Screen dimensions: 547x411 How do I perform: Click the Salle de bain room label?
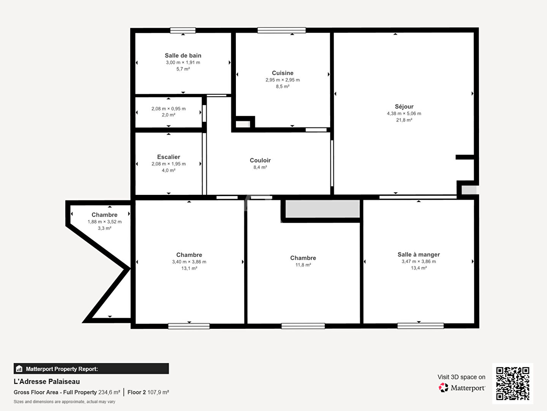coord(183,56)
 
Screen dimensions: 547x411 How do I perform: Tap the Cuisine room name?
coord(283,73)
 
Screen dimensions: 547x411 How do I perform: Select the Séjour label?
coord(404,107)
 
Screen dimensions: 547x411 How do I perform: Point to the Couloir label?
coord(260,160)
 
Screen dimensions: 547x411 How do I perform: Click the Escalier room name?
coord(168,157)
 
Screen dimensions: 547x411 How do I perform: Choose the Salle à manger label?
coord(419,254)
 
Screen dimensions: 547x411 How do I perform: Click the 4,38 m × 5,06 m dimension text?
coord(404,113)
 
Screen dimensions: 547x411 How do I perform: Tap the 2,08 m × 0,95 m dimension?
coord(168,108)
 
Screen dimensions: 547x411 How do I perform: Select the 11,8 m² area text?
coord(303,265)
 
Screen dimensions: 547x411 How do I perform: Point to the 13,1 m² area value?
coord(189,268)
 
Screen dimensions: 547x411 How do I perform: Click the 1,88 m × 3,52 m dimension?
coord(104,221)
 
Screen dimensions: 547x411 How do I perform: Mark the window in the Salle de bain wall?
coord(183,30)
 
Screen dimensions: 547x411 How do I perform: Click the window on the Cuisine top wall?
coord(281,30)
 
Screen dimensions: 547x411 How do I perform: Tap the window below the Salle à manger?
coord(421,326)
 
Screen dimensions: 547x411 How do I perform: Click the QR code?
coord(512,383)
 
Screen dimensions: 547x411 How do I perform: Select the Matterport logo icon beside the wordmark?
coord(443,387)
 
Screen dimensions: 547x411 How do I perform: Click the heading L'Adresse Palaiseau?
coord(47,382)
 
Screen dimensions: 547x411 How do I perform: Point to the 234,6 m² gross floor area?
coord(109,392)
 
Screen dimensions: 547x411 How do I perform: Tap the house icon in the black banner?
coord(19,369)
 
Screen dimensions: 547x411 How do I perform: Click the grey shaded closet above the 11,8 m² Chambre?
coord(322,209)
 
